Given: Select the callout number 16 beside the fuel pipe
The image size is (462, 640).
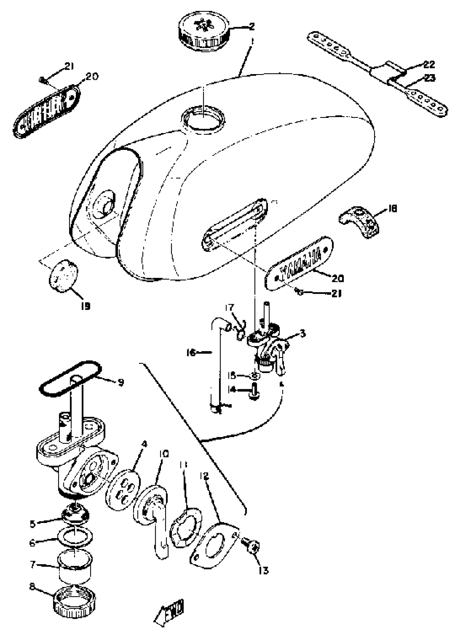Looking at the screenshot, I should tap(192, 352).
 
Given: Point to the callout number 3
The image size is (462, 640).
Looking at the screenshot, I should tap(302, 334).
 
